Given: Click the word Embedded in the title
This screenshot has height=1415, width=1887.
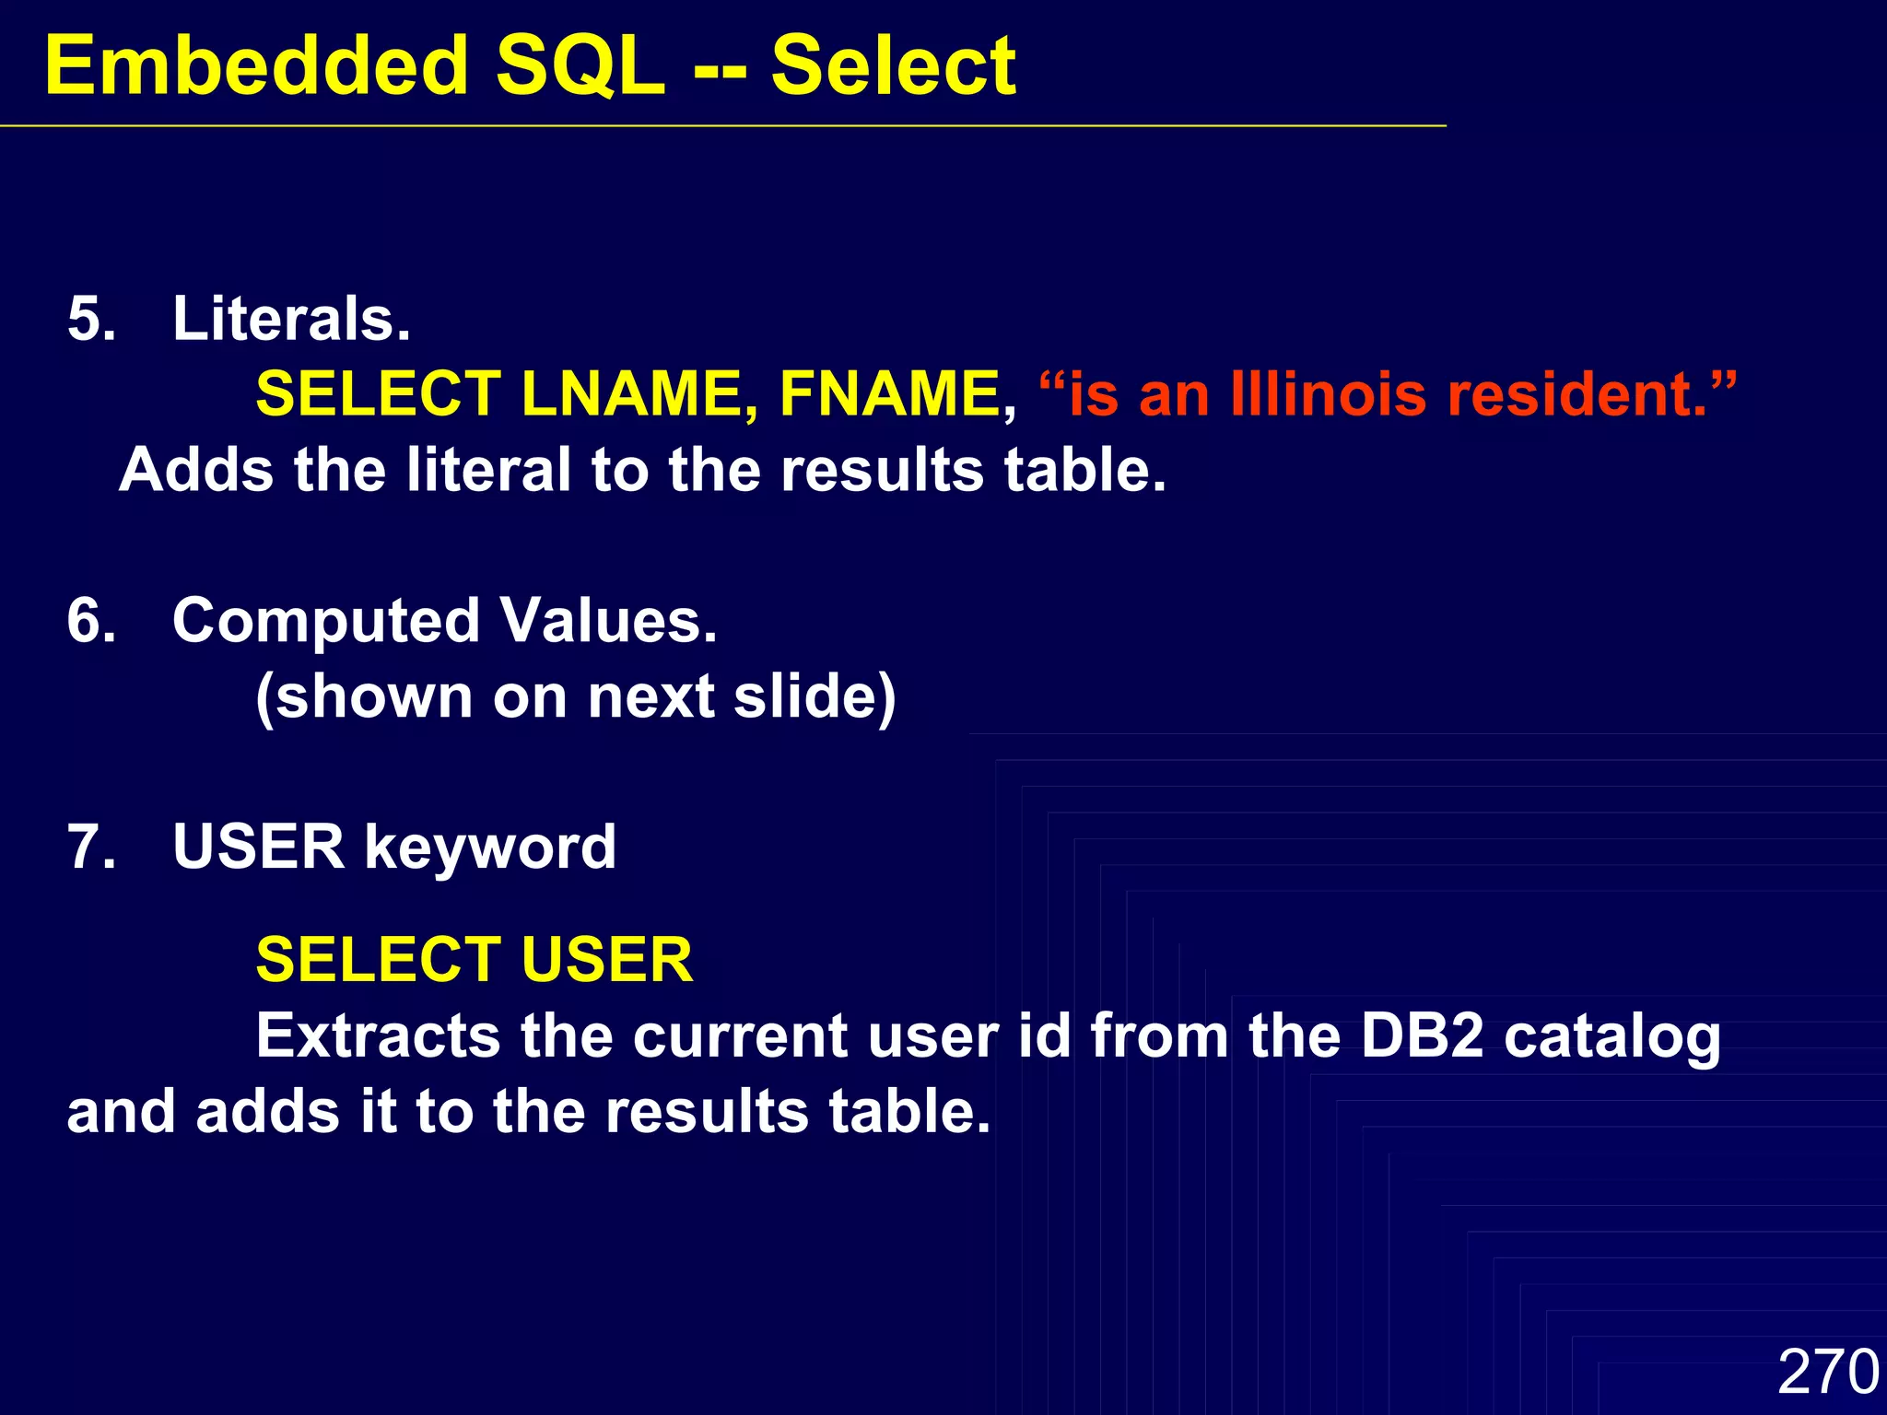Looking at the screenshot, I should [257, 65].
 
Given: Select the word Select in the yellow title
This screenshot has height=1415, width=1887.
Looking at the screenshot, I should [893, 65].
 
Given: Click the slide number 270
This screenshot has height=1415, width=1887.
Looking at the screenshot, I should [1828, 1372].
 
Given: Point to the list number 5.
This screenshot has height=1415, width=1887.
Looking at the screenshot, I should [91, 319].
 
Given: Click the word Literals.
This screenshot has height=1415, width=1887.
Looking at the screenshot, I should [291, 319].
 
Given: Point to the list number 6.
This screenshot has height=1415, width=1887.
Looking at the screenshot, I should [91, 620].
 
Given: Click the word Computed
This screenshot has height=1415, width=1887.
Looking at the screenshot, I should [325, 622].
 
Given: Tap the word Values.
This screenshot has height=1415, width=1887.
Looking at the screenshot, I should [608, 620].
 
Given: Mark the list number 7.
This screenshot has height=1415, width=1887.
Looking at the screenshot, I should [91, 847].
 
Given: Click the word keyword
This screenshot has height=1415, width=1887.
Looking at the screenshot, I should [490, 848].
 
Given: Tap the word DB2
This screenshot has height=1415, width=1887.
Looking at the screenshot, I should [1422, 1035].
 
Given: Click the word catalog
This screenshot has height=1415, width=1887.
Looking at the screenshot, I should [1612, 1037].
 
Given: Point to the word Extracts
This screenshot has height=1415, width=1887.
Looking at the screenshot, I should [378, 1035].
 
